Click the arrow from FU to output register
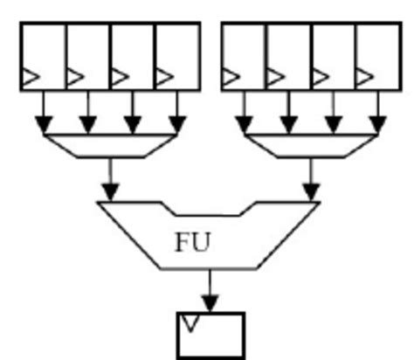pyautogui.click(x=210, y=289)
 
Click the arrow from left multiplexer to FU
pyautogui.click(x=110, y=179)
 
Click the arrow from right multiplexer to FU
pyautogui.click(x=312, y=179)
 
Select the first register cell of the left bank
pyautogui.click(x=44, y=56)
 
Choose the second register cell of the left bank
pyautogui.click(x=88, y=56)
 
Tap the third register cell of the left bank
pyautogui.click(x=133, y=56)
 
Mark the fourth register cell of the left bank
pyautogui.click(x=177, y=56)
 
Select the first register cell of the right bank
pyautogui.click(x=245, y=56)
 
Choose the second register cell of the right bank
pyautogui.click(x=289, y=56)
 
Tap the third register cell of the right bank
pyautogui.click(x=334, y=56)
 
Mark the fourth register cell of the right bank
pyautogui.click(x=378, y=56)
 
